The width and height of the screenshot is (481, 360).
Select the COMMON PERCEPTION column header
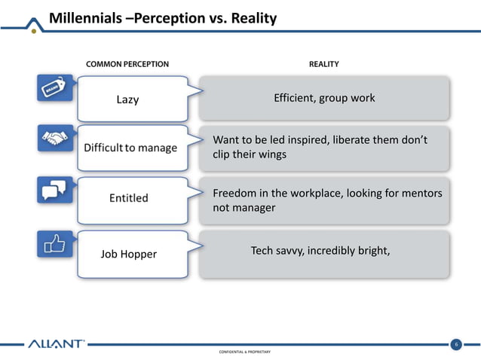pyautogui.click(x=127, y=64)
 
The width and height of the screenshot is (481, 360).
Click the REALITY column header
pyautogui.click(x=323, y=64)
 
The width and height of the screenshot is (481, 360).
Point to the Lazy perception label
pyautogui.click(x=127, y=99)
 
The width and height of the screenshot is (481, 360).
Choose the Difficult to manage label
pyautogui.click(x=130, y=148)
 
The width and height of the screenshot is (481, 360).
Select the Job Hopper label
pyautogui.click(x=129, y=254)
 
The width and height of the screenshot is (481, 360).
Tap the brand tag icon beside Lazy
pyautogui.click(x=55, y=90)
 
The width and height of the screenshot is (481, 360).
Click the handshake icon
pyautogui.click(x=55, y=139)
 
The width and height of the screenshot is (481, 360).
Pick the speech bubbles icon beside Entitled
pyautogui.click(x=55, y=190)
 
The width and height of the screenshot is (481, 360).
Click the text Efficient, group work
pyautogui.click(x=323, y=98)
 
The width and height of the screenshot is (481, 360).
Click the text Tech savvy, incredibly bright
pyautogui.click(x=320, y=250)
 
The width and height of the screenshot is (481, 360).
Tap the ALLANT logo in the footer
pyautogui.click(x=56, y=344)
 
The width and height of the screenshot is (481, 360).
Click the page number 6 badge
pyautogui.click(x=455, y=344)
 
